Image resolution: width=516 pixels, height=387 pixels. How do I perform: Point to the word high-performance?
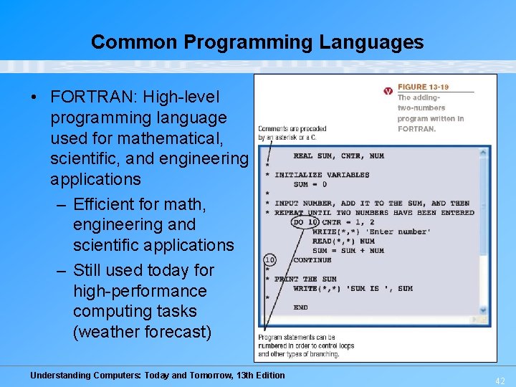140,291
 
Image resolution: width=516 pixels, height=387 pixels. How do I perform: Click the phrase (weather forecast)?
142,333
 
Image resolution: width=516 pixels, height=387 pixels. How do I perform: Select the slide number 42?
499,381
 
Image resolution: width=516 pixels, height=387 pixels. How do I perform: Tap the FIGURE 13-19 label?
423,87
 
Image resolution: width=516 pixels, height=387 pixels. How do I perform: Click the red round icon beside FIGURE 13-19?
388,91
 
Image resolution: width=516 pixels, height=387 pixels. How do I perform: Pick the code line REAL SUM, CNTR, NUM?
338,156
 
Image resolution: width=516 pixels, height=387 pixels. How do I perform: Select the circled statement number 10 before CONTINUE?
269,259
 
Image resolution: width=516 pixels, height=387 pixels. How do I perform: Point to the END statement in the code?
300,307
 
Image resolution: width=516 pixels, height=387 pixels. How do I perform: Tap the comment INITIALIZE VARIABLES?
322,175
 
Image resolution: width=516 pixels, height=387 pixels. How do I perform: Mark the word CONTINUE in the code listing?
312,260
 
